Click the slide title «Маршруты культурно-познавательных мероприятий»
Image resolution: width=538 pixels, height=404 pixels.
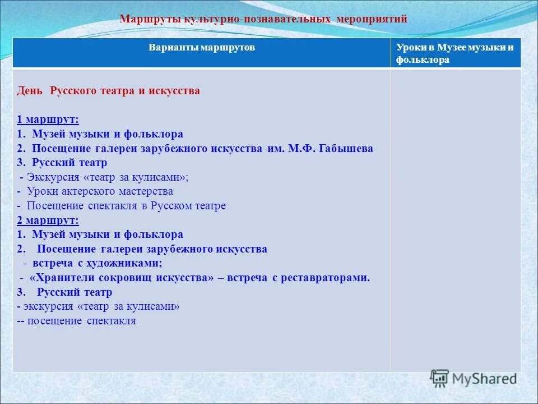pos(263,19)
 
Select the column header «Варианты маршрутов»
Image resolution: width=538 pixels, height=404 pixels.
pos(202,48)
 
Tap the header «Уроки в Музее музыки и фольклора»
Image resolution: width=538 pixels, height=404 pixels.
pos(454,53)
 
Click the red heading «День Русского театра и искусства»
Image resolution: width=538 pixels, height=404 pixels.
pos(108,90)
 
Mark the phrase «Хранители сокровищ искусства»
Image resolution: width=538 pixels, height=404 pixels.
pos(123,278)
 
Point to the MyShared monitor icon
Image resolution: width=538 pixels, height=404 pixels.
pos(440,379)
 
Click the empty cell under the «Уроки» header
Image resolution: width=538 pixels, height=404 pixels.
pos(456,219)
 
